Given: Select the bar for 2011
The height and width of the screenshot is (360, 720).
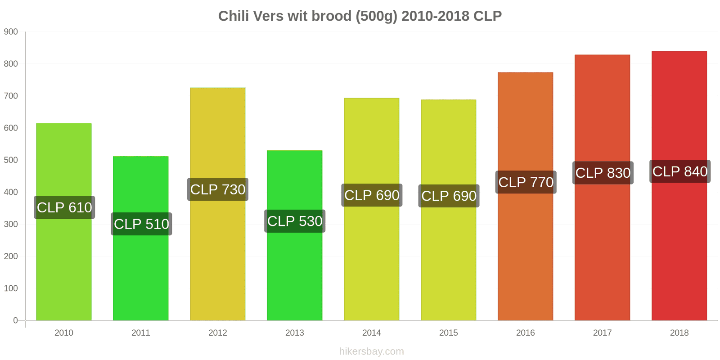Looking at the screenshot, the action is click(141, 238).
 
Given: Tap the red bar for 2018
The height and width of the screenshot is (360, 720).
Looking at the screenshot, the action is click(679, 186).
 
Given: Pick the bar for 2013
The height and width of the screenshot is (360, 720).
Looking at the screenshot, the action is click(294, 235).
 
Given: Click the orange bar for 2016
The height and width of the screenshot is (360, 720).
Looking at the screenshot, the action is click(526, 196).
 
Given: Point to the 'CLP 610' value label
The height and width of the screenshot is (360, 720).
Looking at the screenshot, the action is click(64, 207).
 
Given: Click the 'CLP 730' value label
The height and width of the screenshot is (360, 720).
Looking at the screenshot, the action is click(218, 189).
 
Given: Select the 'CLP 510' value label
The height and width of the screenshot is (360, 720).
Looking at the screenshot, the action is click(141, 224).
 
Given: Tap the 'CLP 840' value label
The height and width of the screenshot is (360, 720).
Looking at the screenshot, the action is click(680, 171).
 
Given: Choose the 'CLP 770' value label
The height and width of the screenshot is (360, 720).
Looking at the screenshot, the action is click(526, 182).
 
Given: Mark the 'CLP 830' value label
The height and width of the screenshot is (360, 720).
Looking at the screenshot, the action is click(603, 173).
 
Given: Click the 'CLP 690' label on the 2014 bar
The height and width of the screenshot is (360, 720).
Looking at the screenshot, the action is click(372, 195).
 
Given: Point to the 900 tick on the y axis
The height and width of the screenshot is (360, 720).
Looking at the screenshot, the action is click(11, 32).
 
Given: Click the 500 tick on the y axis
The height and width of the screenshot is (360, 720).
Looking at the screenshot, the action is click(11, 160).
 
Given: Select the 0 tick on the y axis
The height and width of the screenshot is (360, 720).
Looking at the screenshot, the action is click(15, 320).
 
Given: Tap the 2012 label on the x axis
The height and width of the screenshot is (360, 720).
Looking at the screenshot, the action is click(218, 333).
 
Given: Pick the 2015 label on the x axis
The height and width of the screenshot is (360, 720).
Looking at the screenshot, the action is click(448, 333).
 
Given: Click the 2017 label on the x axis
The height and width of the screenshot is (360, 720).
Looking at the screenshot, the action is click(603, 333).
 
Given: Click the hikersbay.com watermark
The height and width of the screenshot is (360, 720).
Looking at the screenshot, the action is click(372, 351).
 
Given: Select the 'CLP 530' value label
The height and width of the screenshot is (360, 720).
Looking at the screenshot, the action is click(295, 221).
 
